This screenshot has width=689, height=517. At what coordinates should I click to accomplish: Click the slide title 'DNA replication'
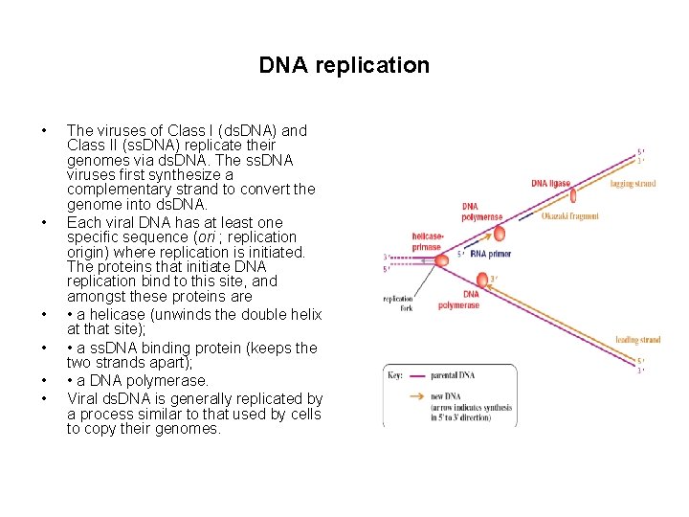344,66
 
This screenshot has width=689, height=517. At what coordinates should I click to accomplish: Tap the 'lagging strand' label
633,183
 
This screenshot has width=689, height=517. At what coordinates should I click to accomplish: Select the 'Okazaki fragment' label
569,216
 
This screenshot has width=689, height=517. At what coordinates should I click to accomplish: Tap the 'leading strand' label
637,340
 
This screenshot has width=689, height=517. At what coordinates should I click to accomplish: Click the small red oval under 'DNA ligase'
572,196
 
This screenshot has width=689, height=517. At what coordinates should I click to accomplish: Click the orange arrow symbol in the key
419,395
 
